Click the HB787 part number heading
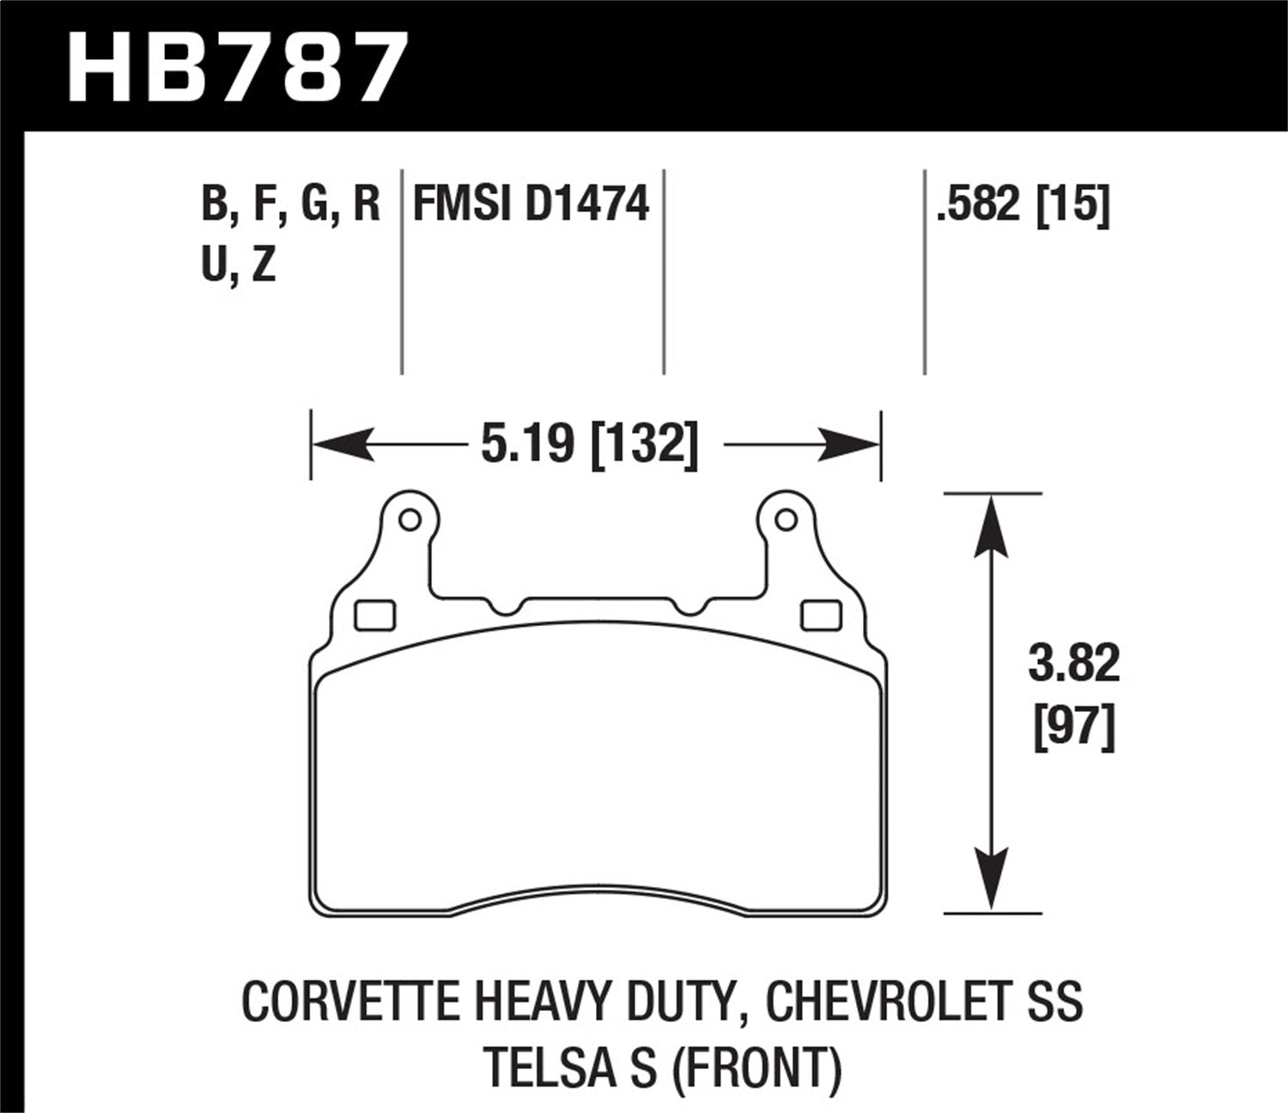[234, 68]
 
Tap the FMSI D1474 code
[532, 205]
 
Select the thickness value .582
[980, 205]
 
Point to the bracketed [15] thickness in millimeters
[1073, 205]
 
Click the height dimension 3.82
[1073, 664]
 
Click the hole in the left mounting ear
[410, 520]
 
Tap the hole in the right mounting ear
[784, 520]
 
